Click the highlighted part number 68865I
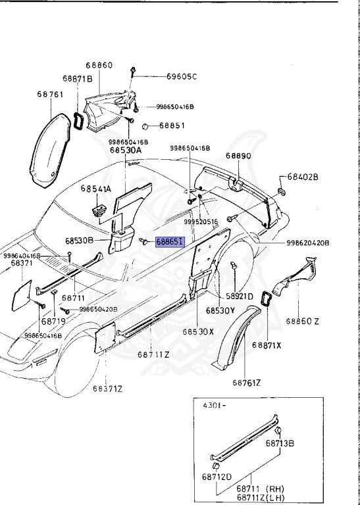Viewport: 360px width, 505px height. coord(170,242)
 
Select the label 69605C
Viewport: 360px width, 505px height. coord(181,76)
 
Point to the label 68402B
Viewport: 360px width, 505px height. coord(303,178)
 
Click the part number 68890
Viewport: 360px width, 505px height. coord(239,156)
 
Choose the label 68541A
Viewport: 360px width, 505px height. coord(96,189)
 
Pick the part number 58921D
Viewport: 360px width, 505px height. coord(241,297)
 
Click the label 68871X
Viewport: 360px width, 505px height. coord(267,345)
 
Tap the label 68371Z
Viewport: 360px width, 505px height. coord(107,388)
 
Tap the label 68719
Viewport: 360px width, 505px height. coord(53,322)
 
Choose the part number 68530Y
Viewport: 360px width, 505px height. coord(219,309)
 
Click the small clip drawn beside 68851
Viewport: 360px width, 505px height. coord(148,126)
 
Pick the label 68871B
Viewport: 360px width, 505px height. coord(78,78)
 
